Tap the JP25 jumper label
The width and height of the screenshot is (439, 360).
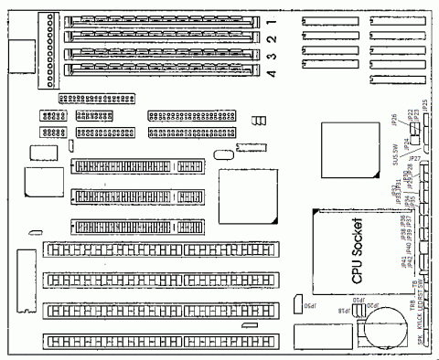pyautogui.click(x=425, y=108)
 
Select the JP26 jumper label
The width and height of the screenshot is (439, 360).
pyautogui.click(x=393, y=119)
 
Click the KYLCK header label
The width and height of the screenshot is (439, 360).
pyautogui.click(x=421, y=322)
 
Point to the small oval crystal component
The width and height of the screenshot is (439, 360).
pyautogui.click(x=219, y=154)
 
